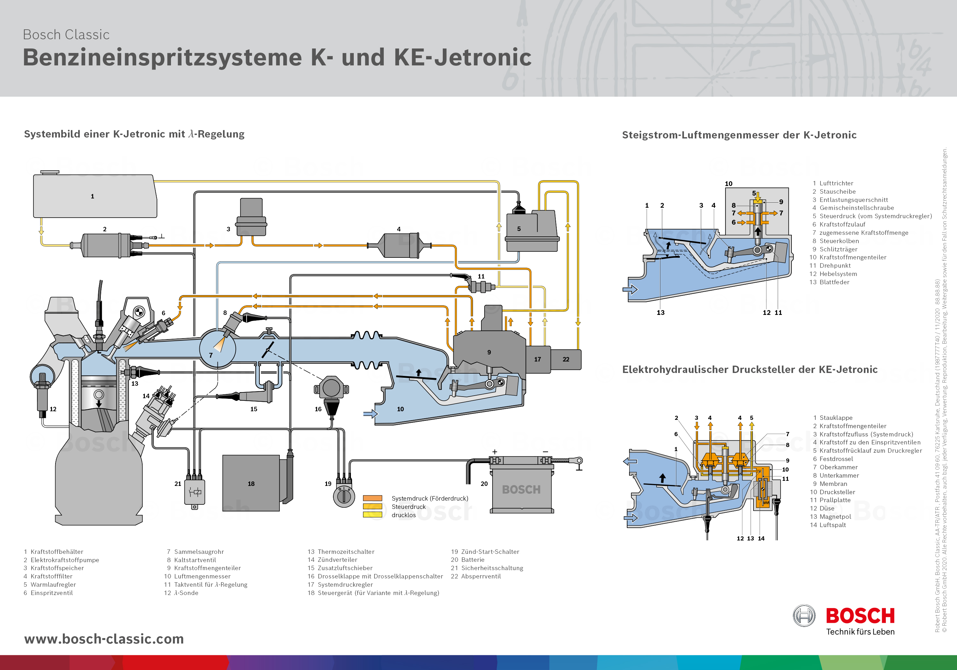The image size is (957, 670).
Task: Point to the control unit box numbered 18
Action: pyautogui.click(x=251, y=483)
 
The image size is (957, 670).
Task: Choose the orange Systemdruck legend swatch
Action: pyautogui.click(x=372, y=498)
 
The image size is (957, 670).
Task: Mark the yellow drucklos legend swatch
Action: pyautogui.click(x=372, y=515)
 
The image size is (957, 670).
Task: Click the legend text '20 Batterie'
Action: pyautogui.click(x=468, y=560)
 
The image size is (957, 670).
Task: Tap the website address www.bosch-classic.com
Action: pyautogui.click(x=104, y=639)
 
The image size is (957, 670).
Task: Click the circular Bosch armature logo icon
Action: pyautogui.click(x=804, y=615)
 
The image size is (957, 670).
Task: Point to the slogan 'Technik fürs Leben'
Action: pyautogui.click(x=860, y=632)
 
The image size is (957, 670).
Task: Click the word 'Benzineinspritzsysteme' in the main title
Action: pyautogui.click(x=162, y=57)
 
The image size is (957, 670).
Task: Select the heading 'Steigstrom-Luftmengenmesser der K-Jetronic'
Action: pyautogui.click(x=739, y=135)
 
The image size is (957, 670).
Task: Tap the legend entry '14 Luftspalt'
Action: pyautogui.click(x=828, y=525)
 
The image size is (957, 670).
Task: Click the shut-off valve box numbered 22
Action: pyautogui.click(x=566, y=359)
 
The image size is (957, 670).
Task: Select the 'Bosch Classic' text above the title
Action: pyautogui.click(x=66, y=34)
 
